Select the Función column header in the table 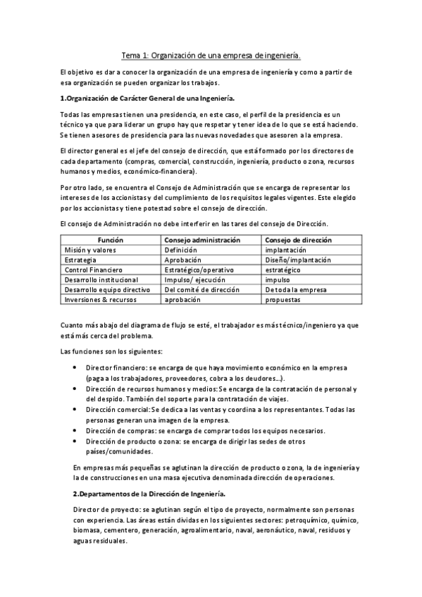coord(110,240)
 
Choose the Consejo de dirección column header coord(297,240)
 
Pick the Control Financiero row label coord(94,270)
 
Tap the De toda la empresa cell coord(292,289)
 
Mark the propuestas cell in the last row coord(283,299)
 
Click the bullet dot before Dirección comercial coord(76,409)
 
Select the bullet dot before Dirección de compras coord(76,429)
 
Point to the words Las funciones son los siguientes coord(111,351)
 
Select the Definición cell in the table coord(181,250)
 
